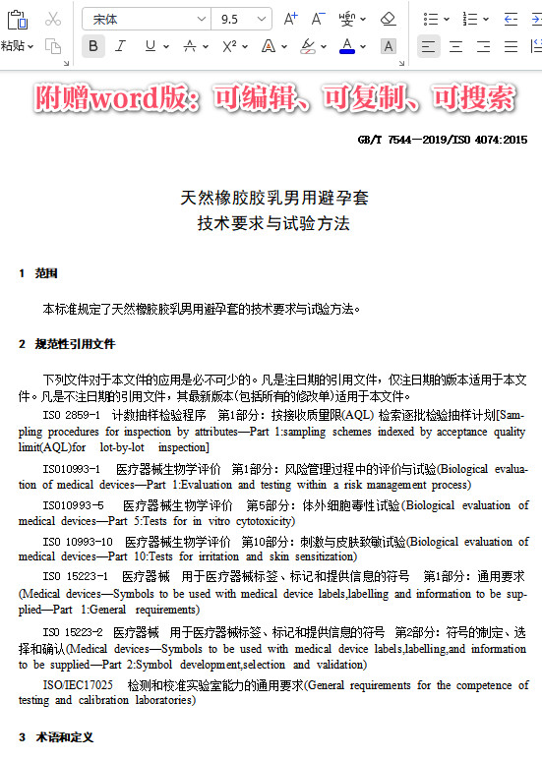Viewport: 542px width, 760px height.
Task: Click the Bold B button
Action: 93,46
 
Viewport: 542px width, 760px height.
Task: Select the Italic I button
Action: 121,46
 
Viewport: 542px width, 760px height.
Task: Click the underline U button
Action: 150,46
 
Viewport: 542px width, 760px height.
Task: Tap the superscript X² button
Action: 230,46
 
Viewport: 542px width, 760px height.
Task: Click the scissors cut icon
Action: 53,19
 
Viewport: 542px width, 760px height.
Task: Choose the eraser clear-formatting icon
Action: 388,19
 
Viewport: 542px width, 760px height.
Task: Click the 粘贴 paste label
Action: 13,46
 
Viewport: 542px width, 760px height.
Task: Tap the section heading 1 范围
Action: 39,272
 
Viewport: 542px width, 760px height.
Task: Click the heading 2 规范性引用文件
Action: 67,344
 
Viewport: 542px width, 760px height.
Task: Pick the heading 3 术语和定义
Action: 56,736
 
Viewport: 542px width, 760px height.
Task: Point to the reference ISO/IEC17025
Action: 78,684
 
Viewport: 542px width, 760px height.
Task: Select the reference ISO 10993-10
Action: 78,542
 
